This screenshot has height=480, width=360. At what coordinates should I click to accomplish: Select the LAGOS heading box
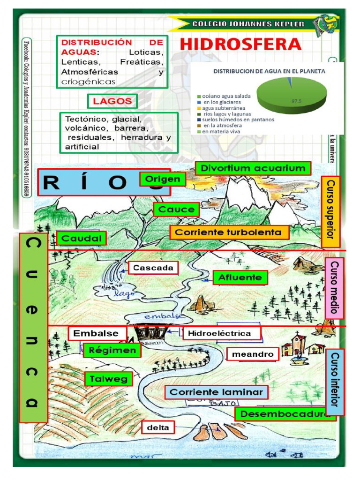tap(112, 101)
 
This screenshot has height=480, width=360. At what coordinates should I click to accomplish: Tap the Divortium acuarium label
tap(253, 168)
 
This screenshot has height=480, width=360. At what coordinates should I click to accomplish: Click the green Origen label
tap(162, 179)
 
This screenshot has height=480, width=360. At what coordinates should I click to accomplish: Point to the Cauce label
tap(176, 210)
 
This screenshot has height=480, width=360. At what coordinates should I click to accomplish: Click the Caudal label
tap(82, 238)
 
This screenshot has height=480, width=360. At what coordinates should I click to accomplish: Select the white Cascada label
tap(153, 268)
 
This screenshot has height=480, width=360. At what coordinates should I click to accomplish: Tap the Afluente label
tap(240, 277)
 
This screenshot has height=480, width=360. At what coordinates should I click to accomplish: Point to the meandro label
tap(253, 354)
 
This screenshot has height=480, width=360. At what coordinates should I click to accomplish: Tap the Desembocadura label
tap(285, 414)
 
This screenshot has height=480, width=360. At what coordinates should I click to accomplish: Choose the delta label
tap(158, 427)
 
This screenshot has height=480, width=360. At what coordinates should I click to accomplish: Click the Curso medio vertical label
tap(334, 288)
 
